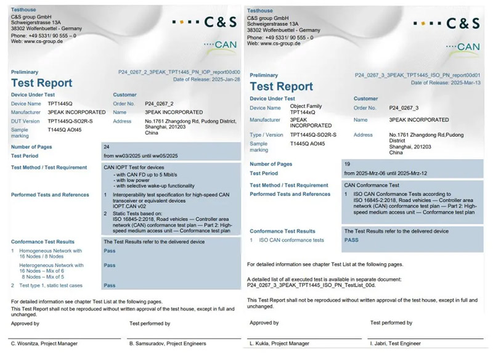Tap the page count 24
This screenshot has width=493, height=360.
[x=107, y=147]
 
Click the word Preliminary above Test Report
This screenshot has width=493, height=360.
[x=25, y=72]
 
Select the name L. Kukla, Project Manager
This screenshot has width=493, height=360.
[x=279, y=343]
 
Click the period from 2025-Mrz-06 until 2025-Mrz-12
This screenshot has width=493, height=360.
[x=383, y=173]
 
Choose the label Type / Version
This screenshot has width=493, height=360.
[x=266, y=134]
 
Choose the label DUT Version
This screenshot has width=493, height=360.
[x=26, y=121]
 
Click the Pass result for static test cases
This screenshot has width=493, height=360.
[x=110, y=285]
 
